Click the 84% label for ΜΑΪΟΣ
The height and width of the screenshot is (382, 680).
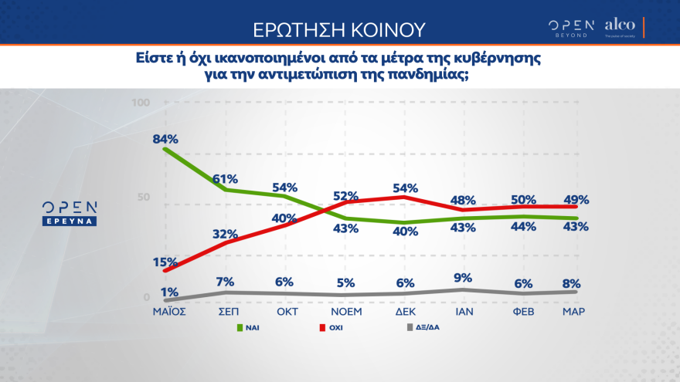166,139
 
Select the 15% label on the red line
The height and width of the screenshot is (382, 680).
166,262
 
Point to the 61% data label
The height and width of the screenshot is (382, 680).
225,178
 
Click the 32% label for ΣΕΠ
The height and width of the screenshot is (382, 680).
225,235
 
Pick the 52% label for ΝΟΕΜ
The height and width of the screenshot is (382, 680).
345,196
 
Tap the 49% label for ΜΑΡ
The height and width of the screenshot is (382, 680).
576,199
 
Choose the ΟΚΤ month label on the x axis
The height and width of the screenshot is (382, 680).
284,312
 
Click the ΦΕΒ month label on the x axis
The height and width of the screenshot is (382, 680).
522,312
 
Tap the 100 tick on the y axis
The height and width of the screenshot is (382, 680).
141,103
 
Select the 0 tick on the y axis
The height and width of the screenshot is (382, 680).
147,297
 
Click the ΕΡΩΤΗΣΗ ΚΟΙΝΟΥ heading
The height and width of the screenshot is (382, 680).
340,30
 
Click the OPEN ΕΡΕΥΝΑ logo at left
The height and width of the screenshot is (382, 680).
70,213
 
